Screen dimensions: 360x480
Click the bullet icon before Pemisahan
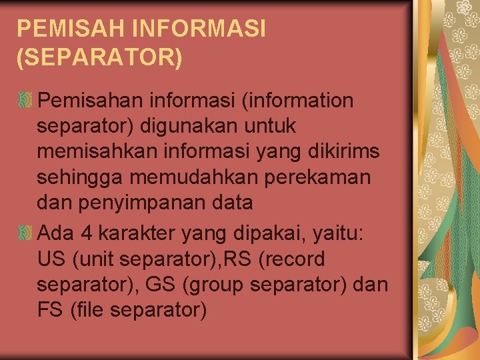tap(25, 101)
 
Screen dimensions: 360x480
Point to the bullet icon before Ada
tap(25, 233)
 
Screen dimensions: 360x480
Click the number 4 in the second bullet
tap(85, 233)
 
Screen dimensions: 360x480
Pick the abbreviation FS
tap(49, 309)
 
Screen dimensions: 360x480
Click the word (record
tap(295, 259)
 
